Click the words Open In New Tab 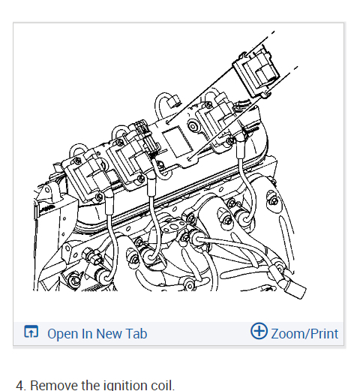97,333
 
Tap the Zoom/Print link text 304,334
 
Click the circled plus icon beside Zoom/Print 259,331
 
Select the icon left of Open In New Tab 31,332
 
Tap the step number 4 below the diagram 20,386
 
